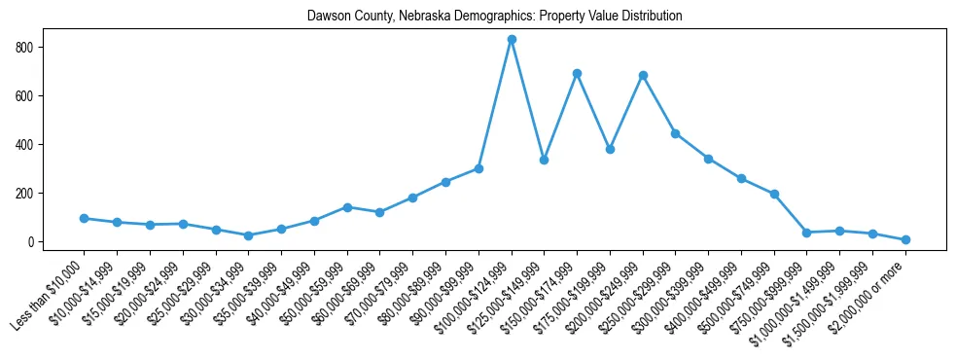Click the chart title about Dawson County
[494, 17]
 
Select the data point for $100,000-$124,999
[512, 40]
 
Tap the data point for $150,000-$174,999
[577, 73]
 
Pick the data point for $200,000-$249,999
[643, 75]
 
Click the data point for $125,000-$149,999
[545, 160]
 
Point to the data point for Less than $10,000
[85, 218]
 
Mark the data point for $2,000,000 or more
[905, 239]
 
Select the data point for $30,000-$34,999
[249, 235]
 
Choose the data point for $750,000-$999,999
[807, 233]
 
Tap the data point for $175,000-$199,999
[610, 150]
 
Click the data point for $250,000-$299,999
[675, 133]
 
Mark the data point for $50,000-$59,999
[347, 207]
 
